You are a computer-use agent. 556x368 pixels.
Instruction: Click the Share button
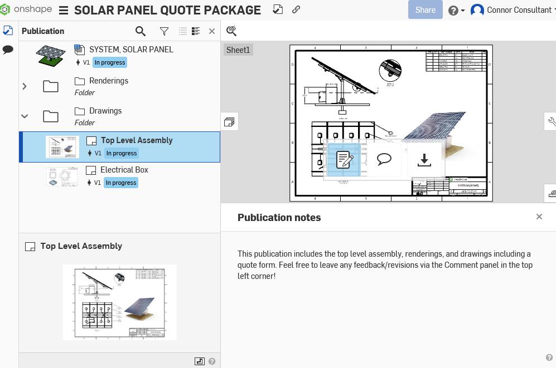[x=425, y=10]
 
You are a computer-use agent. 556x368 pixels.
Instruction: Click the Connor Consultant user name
[x=519, y=10]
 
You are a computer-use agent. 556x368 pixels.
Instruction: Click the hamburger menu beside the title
[x=64, y=11]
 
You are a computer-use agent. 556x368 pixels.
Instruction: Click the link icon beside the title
[x=296, y=9]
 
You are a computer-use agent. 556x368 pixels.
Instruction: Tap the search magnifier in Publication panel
[x=141, y=32]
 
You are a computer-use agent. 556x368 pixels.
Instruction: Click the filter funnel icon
[x=164, y=32]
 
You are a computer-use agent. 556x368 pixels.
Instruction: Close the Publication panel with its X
[x=212, y=31]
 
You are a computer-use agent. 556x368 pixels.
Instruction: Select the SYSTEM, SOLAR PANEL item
[x=131, y=50]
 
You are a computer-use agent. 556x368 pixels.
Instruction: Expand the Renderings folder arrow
[x=25, y=86]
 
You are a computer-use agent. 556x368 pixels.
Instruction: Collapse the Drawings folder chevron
[x=25, y=116]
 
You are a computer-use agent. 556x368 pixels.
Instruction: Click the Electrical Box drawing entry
[x=124, y=170]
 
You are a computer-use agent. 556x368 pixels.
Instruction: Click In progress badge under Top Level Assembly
[x=121, y=153]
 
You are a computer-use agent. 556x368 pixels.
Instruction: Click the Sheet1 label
[x=238, y=50]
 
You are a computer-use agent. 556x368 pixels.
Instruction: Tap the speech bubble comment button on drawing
[x=384, y=160]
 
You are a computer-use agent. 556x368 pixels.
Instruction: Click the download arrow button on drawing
[x=424, y=160]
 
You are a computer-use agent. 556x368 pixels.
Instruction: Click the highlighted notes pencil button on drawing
[x=344, y=160]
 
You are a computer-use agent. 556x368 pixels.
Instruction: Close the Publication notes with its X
[x=539, y=217]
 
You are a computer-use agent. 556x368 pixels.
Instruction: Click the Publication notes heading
[x=279, y=218]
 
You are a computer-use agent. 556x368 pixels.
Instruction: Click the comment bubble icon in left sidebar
[x=8, y=50]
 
